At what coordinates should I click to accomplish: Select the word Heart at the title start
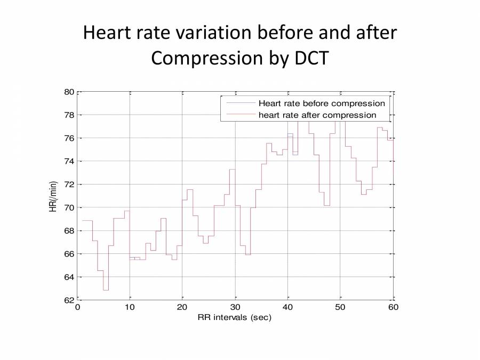[106, 33]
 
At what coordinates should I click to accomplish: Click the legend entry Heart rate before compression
[322, 103]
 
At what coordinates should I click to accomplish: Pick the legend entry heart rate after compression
[317, 115]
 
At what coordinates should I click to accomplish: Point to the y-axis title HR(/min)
[53, 195]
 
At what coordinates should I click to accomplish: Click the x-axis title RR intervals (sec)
[235, 318]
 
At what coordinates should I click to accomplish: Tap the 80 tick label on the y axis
[69, 92]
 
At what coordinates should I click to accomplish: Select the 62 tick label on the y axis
[69, 300]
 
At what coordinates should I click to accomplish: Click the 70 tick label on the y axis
[69, 207]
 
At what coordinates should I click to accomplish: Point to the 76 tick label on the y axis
[69, 138]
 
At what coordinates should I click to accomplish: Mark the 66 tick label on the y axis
[69, 254]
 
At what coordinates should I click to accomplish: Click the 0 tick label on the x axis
[78, 307]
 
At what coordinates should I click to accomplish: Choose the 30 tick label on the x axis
[235, 307]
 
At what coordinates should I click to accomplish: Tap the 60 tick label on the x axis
[393, 307]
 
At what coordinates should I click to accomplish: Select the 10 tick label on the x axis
[130, 307]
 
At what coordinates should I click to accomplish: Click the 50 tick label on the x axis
[340, 307]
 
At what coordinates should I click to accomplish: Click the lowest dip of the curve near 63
[106, 290]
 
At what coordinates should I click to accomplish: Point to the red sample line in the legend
[241, 115]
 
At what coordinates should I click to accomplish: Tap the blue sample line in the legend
[241, 103]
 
